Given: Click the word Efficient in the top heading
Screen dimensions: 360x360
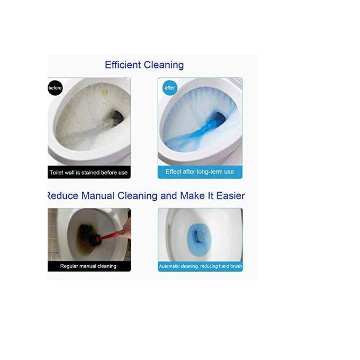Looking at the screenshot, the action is [x=123, y=65].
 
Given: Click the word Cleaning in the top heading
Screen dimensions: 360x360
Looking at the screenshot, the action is [x=164, y=65].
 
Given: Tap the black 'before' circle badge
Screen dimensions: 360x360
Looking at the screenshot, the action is [x=55, y=88].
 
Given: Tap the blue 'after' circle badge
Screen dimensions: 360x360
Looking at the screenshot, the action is [x=170, y=88].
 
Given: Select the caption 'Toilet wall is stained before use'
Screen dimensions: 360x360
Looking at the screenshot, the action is [x=88, y=173].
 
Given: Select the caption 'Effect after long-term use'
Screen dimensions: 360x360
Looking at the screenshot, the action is [x=200, y=172].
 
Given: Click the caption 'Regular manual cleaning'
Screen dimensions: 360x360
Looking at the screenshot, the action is [x=88, y=266].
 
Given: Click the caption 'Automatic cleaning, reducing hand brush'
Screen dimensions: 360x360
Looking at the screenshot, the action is [x=201, y=266].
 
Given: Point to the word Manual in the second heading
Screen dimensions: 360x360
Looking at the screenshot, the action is [x=98, y=196].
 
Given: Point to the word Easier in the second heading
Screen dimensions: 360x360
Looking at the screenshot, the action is [x=230, y=196].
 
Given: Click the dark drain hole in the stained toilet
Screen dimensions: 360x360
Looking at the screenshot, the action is [x=118, y=116].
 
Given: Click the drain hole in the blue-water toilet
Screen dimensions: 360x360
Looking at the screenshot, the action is [x=220, y=118].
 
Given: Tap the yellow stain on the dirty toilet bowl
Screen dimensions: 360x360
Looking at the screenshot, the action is [x=105, y=93].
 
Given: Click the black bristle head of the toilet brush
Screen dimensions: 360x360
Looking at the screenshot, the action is [x=88, y=236].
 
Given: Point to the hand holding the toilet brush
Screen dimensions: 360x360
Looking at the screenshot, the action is [x=124, y=229].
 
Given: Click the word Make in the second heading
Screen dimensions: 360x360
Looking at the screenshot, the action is [x=192, y=196].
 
